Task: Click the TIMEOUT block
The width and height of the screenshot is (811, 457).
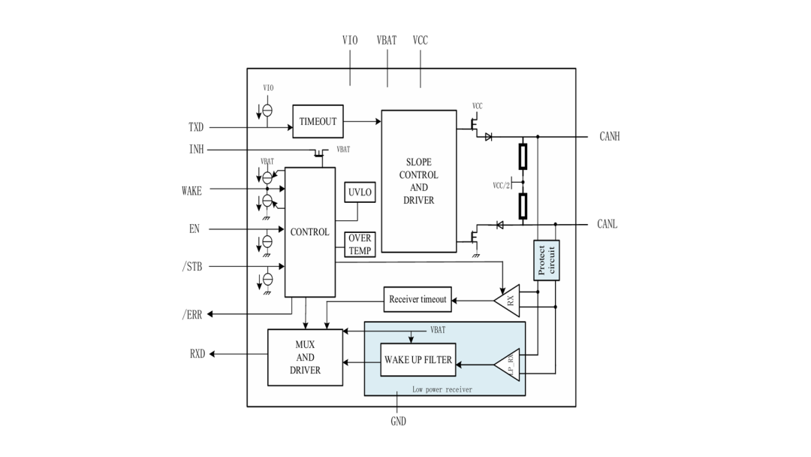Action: [318, 121]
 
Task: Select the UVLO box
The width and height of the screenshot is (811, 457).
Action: [360, 192]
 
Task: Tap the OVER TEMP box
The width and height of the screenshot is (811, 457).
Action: [360, 244]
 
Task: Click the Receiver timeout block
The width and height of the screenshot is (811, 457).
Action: [418, 299]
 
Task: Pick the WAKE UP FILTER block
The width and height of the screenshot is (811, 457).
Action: [418, 360]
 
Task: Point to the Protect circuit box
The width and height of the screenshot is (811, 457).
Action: [546, 260]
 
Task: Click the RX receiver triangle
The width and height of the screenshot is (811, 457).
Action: [507, 300]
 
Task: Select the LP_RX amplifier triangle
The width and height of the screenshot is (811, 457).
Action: [507, 365]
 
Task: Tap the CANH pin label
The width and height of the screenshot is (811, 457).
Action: [609, 137]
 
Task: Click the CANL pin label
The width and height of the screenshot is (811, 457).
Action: [607, 224]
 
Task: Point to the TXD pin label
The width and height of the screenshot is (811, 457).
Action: [196, 127]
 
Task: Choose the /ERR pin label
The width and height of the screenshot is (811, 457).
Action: [192, 315]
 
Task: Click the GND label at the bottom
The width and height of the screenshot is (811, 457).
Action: [398, 421]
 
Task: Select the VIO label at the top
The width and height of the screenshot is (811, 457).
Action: [350, 41]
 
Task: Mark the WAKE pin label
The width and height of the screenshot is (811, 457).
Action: [191, 191]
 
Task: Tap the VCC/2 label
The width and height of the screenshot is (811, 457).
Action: [501, 186]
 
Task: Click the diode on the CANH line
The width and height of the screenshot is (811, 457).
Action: [488, 137]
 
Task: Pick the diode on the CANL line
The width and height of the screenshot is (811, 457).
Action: [499, 225]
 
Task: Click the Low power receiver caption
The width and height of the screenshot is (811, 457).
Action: [442, 389]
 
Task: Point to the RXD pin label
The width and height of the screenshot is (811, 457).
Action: [197, 354]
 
